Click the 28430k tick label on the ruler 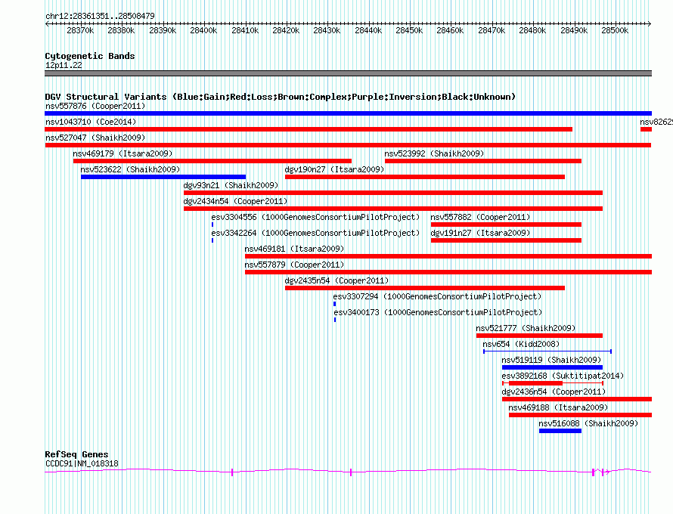[327, 30]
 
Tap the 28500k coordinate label [615, 30]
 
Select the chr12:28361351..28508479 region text [100, 17]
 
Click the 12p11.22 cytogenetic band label [64, 65]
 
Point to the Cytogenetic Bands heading [90, 56]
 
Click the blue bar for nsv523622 [163, 177]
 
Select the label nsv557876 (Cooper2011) [95, 106]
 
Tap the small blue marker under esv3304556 [212, 224]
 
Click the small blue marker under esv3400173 [335, 320]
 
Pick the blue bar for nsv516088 [560, 431]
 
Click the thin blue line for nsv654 [547, 351]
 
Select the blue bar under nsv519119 [553, 367]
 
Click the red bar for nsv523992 [483, 161]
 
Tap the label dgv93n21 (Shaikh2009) [231, 185]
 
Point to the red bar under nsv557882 [506, 224]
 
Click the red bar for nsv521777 [539, 336]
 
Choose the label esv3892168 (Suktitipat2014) [563, 376]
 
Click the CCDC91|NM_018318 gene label [82, 463]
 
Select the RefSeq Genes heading [77, 454]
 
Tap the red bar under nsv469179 [212, 161]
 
